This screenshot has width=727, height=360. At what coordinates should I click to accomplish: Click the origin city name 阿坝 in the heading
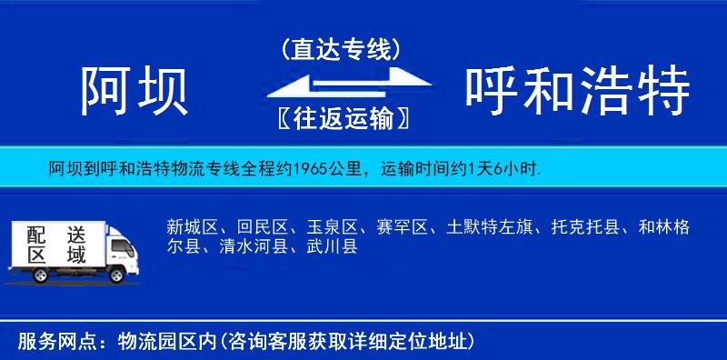134,91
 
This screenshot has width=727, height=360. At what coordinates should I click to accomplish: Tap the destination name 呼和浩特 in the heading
578,91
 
